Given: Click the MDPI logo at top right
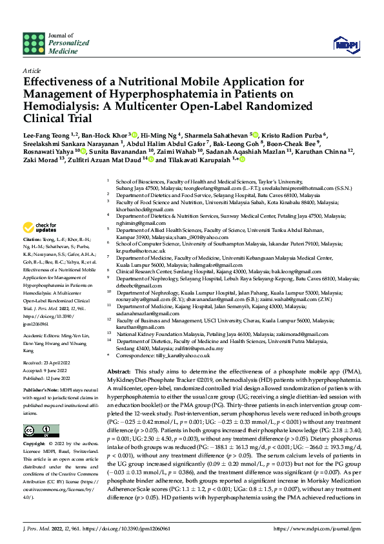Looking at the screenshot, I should tap(343, 43).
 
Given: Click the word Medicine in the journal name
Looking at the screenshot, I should tap(63, 49).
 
